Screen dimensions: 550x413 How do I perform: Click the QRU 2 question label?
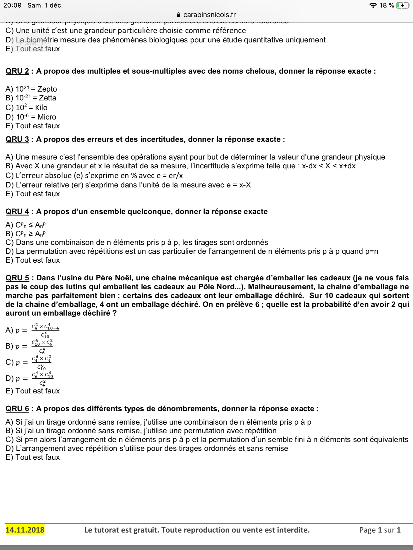[x=17, y=71]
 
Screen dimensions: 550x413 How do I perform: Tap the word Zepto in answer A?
[x=47, y=89]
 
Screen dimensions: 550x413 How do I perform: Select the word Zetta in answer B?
[x=48, y=98]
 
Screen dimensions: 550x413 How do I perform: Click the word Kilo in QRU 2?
[x=41, y=107]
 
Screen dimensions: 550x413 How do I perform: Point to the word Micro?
[x=47, y=117]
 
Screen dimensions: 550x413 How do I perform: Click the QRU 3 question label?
[x=17, y=139]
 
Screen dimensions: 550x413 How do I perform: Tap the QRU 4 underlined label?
[x=17, y=212]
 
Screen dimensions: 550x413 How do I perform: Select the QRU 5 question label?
[x=17, y=278]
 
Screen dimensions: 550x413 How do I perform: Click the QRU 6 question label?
[x=17, y=408]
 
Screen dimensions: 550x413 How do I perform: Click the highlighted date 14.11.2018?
[x=25, y=530]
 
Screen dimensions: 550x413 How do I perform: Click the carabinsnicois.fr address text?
[x=209, y=15]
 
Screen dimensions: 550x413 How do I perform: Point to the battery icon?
[x=402, y=5]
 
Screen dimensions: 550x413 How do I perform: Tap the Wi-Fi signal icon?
[x=373, y=5]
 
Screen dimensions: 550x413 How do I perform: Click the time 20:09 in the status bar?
[x=12, y=5]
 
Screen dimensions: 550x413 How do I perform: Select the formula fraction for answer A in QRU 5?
[x=45, y=331]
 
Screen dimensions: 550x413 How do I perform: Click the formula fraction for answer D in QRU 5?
[x=42, y=379]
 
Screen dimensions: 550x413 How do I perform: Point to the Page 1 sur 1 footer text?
[x=380, y=530]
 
